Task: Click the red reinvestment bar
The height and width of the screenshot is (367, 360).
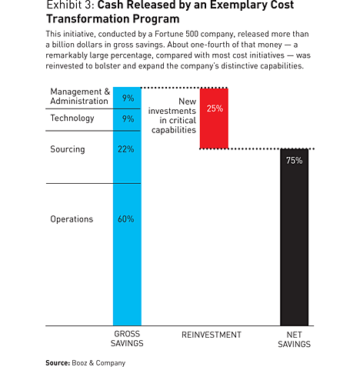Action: click(x=214, y=118)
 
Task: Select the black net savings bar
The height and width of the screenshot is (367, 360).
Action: click(x=295, y=237)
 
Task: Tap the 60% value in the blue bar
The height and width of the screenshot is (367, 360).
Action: click(x=125, y=219)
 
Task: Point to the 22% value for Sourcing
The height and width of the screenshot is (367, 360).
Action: click(x=125, y=149)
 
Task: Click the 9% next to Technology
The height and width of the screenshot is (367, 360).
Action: click(x=128, y=119)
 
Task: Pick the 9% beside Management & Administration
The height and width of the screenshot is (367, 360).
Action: click(x=128, y=98)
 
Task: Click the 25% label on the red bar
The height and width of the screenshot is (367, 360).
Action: click(x=215, y=108)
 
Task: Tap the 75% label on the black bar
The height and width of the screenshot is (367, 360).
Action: click(x=295, y=161)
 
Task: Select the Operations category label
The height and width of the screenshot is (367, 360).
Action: click(x=72, y=219)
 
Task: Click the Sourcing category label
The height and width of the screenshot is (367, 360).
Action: click(x=68, y=149)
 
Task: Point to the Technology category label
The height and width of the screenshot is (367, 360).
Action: click(x=72, y=118)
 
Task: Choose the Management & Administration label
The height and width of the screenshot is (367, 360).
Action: click(x=80, y=96)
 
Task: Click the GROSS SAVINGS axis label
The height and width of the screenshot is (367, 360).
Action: click(x=127, y=339)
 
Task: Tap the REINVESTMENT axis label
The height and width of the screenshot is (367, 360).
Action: click(x=212, y=335)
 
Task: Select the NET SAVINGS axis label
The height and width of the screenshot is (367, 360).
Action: click(x=294, y=339)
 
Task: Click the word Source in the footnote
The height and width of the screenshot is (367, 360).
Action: click(x=58, y=363)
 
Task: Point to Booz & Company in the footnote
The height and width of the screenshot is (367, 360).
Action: click(x=98, y=363)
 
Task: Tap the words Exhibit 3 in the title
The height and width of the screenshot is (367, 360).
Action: click(x=70, y=5)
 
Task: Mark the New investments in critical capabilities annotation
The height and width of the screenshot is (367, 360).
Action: click(x=172, y=115)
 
